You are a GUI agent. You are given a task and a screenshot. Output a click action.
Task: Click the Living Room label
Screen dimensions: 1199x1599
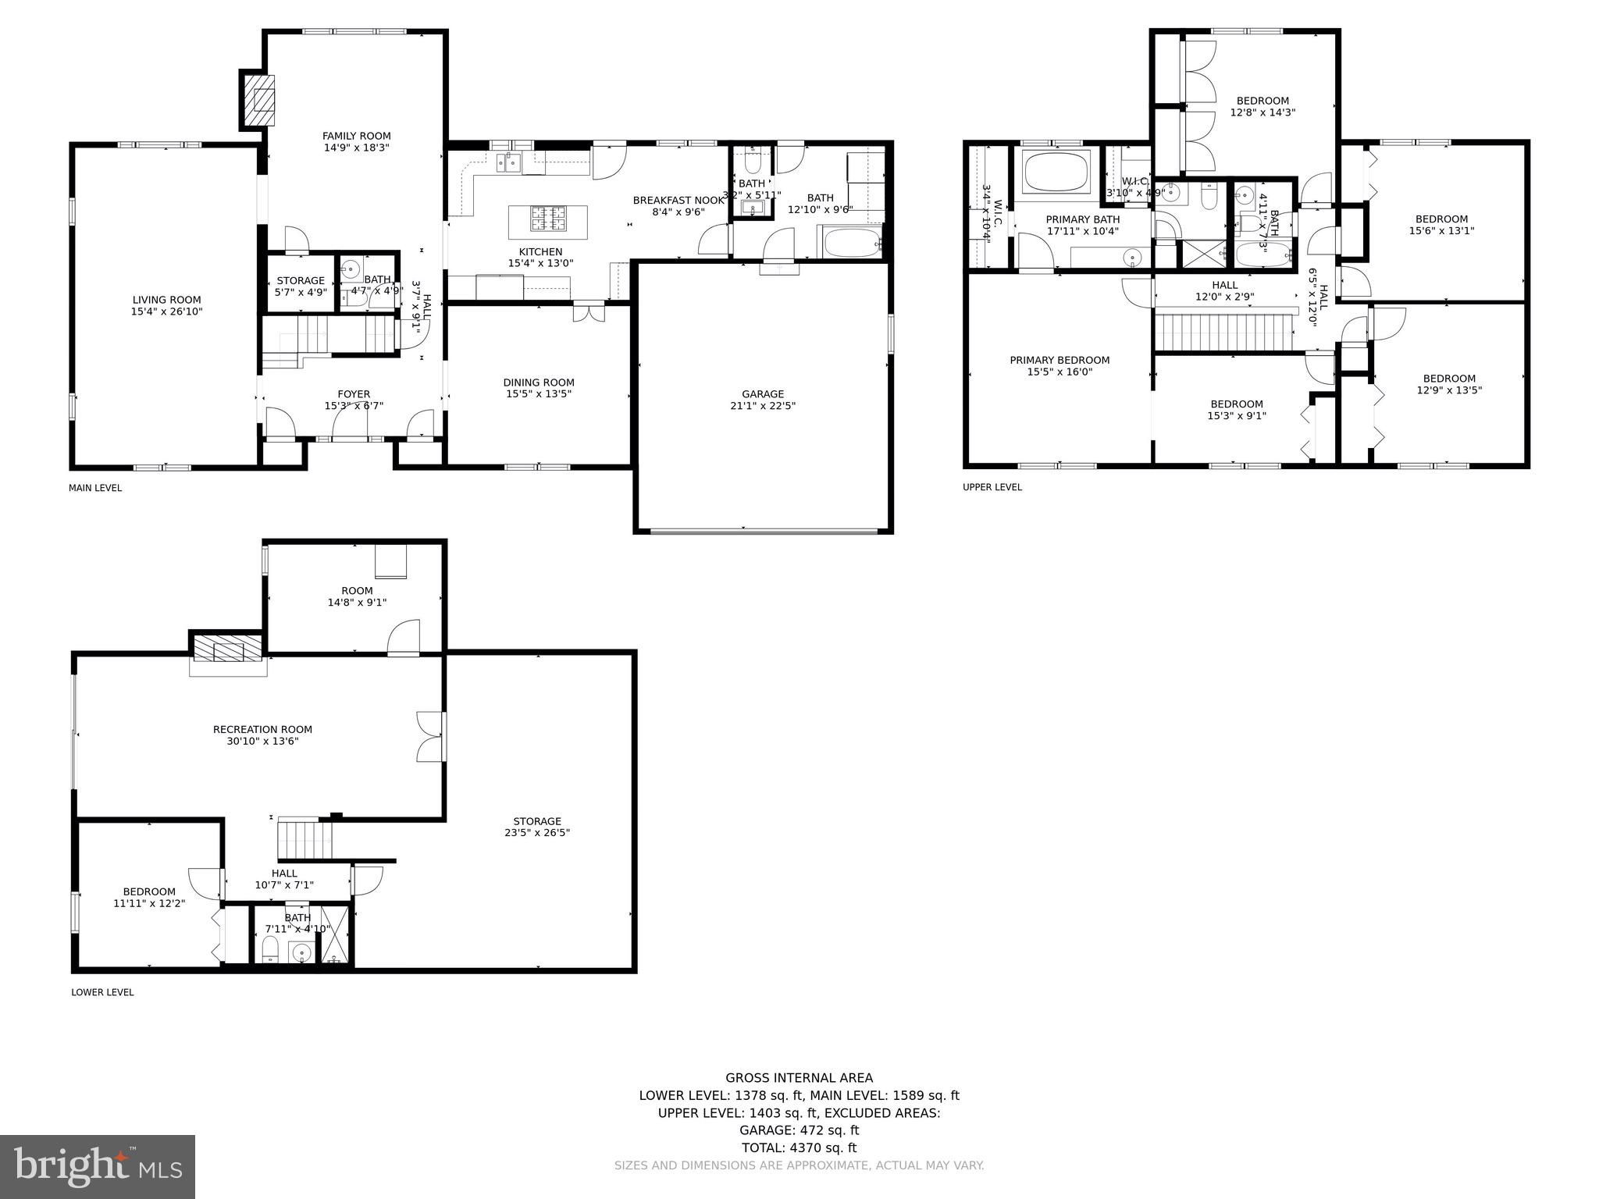click(166, 300)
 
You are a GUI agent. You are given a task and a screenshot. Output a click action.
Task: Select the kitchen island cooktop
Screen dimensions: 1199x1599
click(547, 218)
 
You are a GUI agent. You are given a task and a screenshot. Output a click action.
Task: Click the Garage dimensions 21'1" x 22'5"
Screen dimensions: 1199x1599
click(763, 406)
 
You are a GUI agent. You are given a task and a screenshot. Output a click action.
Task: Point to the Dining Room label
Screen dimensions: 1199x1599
click(539, 382)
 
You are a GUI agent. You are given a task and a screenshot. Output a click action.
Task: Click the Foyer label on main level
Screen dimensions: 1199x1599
click(354, 394)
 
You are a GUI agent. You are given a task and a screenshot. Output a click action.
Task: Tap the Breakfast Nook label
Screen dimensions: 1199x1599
click(678, 201)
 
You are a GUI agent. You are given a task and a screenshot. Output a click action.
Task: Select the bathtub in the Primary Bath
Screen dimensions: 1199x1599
click(1057, 172)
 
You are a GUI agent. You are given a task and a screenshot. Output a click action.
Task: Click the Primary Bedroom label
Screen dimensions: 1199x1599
click(1059, 361)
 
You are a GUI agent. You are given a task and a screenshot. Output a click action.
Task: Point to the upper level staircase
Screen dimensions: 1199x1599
click(1223, 333)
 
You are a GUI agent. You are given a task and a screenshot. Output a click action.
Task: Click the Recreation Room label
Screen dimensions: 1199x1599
click(262, 730)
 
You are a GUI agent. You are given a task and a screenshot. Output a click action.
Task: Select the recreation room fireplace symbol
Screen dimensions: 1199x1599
click(228, 649)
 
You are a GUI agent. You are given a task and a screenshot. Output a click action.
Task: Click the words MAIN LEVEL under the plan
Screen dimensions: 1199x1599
click(95, 489)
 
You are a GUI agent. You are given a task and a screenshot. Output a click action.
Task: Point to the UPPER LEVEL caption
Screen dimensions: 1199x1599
click(992, 488)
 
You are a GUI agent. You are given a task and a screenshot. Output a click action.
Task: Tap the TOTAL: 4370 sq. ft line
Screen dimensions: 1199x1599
click(799, 1147)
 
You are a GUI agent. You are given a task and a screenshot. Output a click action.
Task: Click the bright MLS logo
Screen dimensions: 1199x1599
click(98, 1166)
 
